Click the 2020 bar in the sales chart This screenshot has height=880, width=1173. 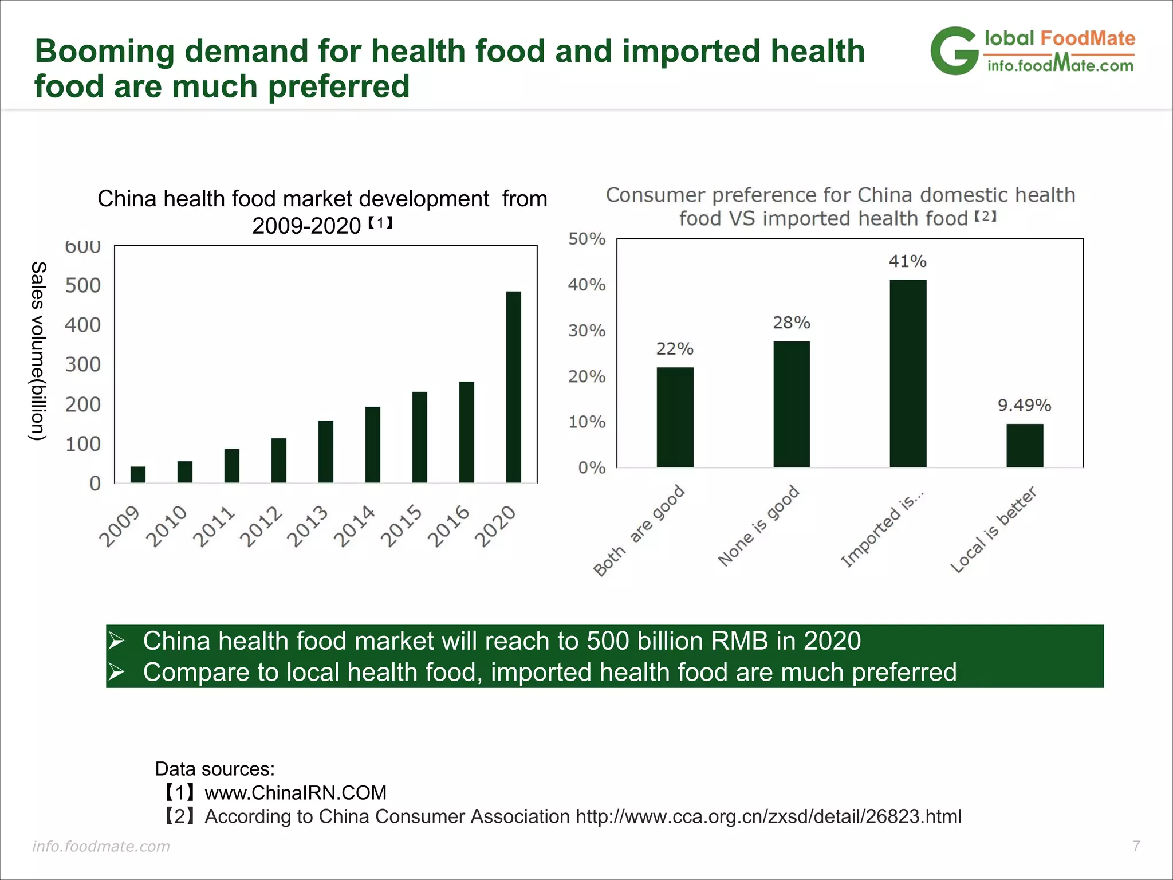click(x=514, y=387)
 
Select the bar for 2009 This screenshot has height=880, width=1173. click(x=138, y=474)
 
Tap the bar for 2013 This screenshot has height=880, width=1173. click(x=326, y=451)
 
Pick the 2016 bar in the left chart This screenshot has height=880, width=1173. click(x=467, y=432)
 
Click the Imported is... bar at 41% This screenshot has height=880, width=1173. click(x=908, y=374)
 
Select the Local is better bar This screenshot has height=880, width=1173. click(x=1025, y=446)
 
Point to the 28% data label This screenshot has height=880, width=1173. click(x=792, y=323)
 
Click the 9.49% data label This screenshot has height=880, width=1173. click(x=1024, y=406)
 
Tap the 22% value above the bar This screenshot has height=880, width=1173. click(x=675, y=349)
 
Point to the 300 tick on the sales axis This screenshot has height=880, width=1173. click(x=82, y=364)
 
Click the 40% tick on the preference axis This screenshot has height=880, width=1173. click(x=586, y=285)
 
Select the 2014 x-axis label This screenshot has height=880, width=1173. click(x=355, y=526)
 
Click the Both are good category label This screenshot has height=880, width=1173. click(x=639, y=530)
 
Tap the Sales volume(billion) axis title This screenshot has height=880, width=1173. click(x=38, y=351)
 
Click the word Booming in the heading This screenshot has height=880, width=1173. click(x=104, y=52)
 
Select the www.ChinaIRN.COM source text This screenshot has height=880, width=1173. click(x=296, y=793)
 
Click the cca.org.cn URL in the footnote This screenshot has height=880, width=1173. click(x=768, y=816)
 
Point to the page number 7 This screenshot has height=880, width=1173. click(x=1136, y=846)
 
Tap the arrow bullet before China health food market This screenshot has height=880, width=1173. click(x=117, y=641)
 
